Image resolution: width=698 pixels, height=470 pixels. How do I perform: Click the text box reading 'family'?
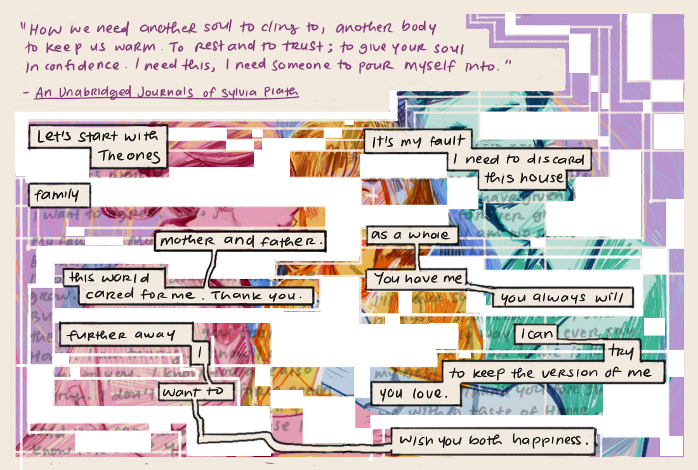point(58,195)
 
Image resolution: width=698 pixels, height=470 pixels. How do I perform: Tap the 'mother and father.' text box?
point(242,241)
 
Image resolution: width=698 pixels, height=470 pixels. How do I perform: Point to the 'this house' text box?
point(524,178)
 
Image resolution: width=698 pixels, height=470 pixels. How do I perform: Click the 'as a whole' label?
point(411,235)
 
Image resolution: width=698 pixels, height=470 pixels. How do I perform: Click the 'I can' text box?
point(534,334)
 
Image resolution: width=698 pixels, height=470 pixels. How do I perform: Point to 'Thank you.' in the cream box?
point(262,296)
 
